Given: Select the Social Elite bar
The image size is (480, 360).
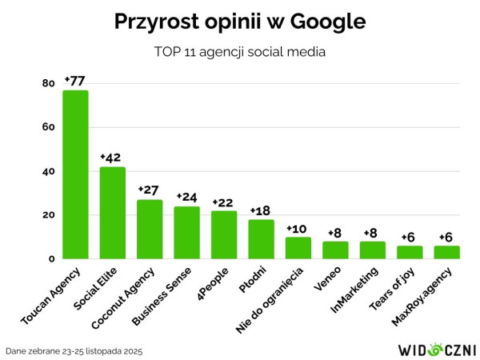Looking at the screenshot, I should click(x=112, y=213).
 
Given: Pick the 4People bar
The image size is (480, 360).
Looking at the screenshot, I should click(x=224, y=234).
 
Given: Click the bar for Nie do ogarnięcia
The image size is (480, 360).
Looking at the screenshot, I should click(x=298, y=248).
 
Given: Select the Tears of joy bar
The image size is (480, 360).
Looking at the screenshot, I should click(x=410, y=252).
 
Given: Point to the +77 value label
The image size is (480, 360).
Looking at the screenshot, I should click(x=74, y=81).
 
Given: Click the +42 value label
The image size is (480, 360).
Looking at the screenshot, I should click(x=112, y=158).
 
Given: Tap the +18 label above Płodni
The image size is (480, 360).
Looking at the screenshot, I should click(x=261, y=210).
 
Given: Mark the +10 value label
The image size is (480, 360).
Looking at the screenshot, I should click(x=298, y=228).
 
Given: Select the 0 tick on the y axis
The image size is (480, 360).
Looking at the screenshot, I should click(x=51, y=258).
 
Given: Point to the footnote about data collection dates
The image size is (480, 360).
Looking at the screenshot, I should click(x=74, y=350).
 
